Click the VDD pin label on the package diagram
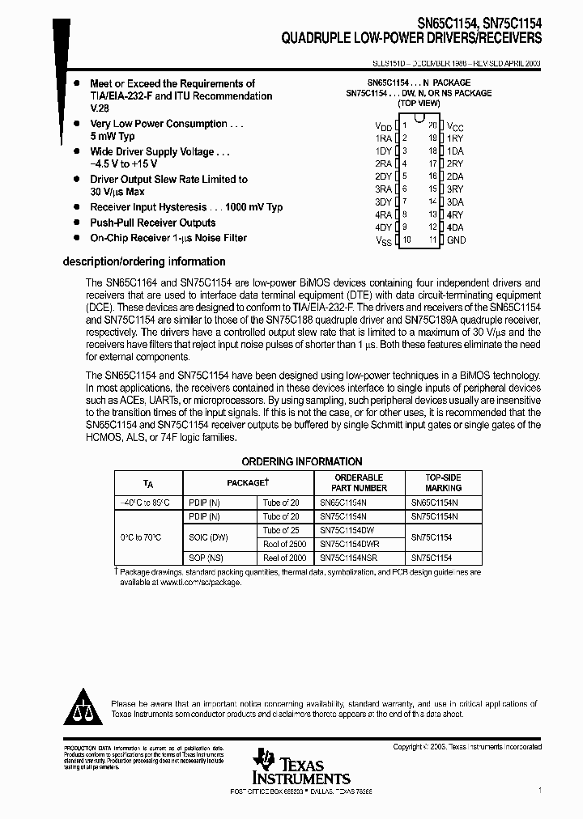383,127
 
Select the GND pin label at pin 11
456,240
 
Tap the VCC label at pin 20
455,127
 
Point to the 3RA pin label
383,189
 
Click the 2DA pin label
455,176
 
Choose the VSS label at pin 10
383,240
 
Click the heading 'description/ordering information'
144,261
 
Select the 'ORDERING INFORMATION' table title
302,461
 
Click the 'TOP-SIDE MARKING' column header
443,482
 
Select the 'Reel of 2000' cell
284,558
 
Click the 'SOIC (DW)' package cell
207,537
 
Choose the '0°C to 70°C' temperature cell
141,537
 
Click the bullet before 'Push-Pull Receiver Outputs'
76,223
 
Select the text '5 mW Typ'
113,137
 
